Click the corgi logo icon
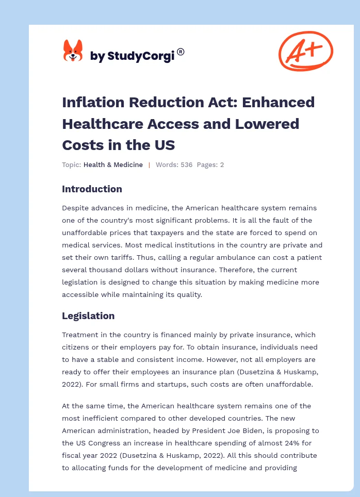(73, 51)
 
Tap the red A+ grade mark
(305, 51)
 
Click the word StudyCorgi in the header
(141, 56)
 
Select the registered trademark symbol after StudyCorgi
(181, 52)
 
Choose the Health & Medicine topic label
(113, 165)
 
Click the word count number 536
(186, 165)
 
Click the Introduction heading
(92, 189)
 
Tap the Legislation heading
(88, 316)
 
